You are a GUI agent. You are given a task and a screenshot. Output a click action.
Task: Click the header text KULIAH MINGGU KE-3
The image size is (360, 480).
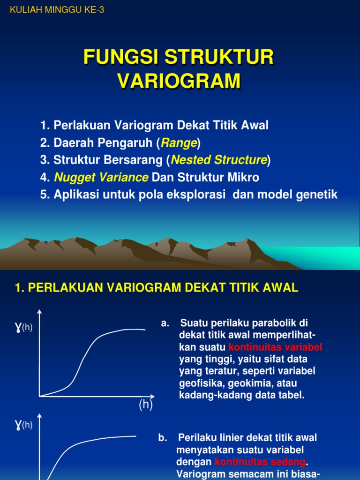pos(56,10)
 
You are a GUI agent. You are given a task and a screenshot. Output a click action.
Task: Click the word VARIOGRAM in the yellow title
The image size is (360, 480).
pos(179,81)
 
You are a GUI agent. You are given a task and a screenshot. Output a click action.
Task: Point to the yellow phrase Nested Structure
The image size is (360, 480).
pos(219,160)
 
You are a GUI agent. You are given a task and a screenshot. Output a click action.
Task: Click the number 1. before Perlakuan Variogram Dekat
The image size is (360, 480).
pos(45,126)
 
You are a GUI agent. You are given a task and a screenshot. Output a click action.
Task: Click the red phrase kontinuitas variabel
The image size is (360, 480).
pos(275,347)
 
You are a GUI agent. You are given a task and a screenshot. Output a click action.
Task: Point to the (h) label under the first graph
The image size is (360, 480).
pos(146,405)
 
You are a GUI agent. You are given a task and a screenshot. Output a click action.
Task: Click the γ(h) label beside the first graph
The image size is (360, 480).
pos(23,327)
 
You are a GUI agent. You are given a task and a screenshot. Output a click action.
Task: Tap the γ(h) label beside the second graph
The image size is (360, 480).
pos(23,425)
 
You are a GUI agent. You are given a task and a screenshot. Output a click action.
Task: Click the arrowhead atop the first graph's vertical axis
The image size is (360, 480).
pos(39,312)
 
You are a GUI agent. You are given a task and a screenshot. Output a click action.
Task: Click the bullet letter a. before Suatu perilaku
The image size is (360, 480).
pos(165,323)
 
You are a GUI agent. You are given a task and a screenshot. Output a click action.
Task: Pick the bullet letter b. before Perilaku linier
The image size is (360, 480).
pos(163,438)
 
